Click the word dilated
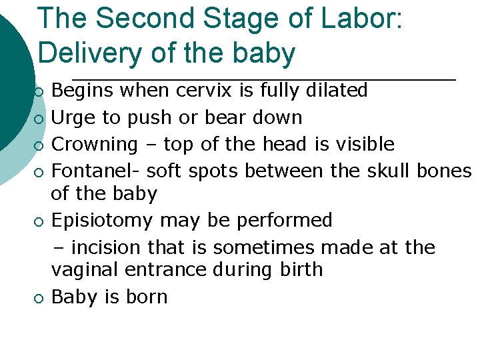point(337,90)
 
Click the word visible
point(366,144)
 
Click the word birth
point(304,269)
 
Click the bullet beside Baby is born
point(40,298)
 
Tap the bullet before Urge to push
point(40,119)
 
